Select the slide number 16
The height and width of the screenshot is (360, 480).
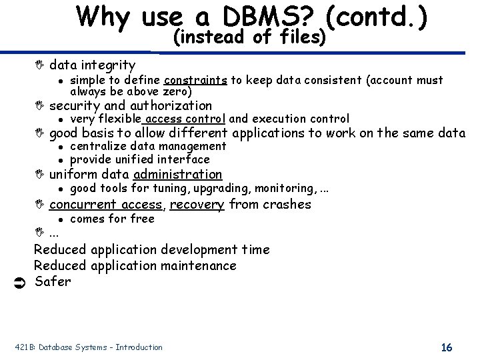tap(447, 347)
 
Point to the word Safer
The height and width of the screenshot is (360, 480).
tap(52, 281)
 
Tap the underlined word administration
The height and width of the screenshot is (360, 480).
tap(177, 174)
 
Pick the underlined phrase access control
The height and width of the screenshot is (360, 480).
tap(185, 119)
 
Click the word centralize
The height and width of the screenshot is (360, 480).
tap(98, 146)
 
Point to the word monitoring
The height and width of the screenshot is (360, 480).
tap(287, 189)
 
